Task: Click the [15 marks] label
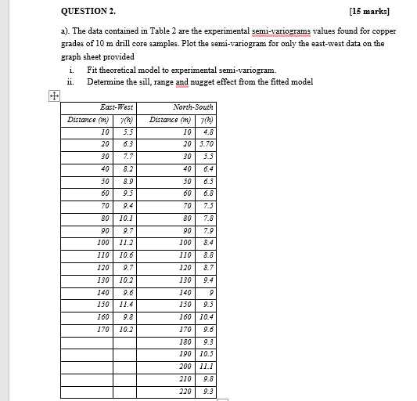click(x=376, y=12)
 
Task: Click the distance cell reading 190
click(x=185, y=352)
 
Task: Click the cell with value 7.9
click(x=207, y=230)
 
